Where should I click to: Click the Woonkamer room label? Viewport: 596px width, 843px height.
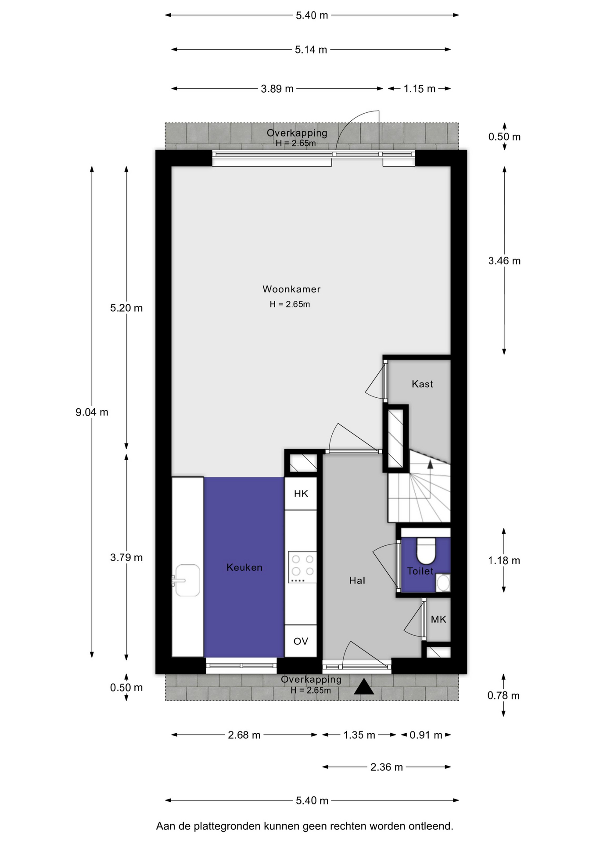(291, 289)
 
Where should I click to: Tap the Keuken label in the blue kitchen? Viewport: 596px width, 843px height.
(244, 567)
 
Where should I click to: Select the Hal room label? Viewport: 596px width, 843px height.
(357, 580)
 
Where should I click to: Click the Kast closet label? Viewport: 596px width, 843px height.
(422, 384)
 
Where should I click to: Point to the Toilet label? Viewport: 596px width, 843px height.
(420, 571)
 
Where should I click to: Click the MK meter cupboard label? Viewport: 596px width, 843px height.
(438, 620)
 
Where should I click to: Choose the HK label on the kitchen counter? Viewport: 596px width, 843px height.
(301, 494)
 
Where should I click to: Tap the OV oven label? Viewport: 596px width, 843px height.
(301, 641)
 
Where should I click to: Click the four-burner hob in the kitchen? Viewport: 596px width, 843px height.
(302, 567)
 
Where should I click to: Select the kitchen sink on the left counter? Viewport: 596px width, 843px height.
(187, 580)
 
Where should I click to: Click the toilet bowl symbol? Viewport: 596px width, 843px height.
(425, 551)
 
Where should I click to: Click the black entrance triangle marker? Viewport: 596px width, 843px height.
(364, 687)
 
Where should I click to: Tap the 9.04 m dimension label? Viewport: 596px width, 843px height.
(92, 412)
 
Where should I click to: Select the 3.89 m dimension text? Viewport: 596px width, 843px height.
(277, 89)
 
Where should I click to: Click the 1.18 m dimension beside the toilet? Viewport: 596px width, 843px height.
(504, 561)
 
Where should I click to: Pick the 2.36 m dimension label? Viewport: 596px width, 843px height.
(387, 767)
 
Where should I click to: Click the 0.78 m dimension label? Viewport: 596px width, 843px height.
(503, 695)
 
